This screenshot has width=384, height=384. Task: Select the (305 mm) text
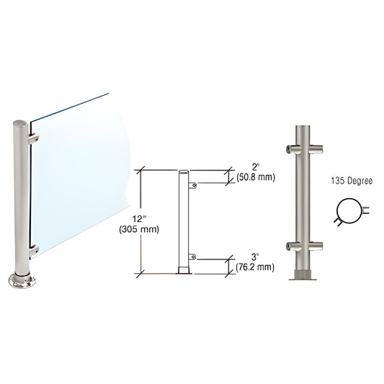click(x=151, y=230)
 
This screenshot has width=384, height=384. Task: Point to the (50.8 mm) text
click(x=256, y=177)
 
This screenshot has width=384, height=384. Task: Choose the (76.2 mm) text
click(x=255, y=266)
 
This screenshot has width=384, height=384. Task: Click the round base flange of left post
click(x=22, y=279)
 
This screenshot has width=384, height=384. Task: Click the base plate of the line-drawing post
click(x=184, y=272)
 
